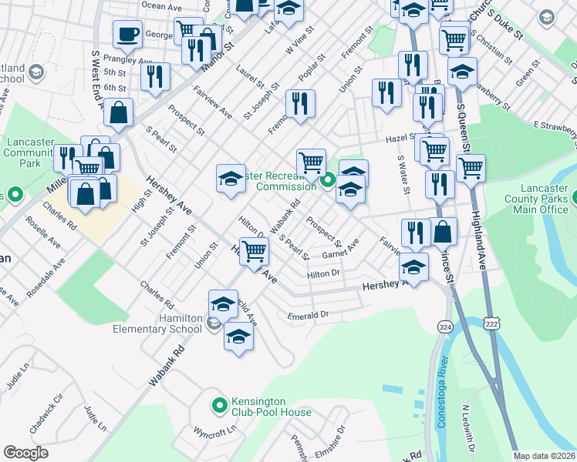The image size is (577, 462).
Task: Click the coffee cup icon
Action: (x=127, y=35)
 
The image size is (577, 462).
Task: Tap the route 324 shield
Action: (x=445, y=326)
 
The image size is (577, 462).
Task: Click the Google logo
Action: (x=25, y=453)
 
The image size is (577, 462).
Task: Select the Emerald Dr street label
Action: (x=308, y=315)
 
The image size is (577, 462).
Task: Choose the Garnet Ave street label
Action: (x=340, y=249)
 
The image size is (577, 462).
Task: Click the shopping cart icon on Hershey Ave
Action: (x=254, y=250)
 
